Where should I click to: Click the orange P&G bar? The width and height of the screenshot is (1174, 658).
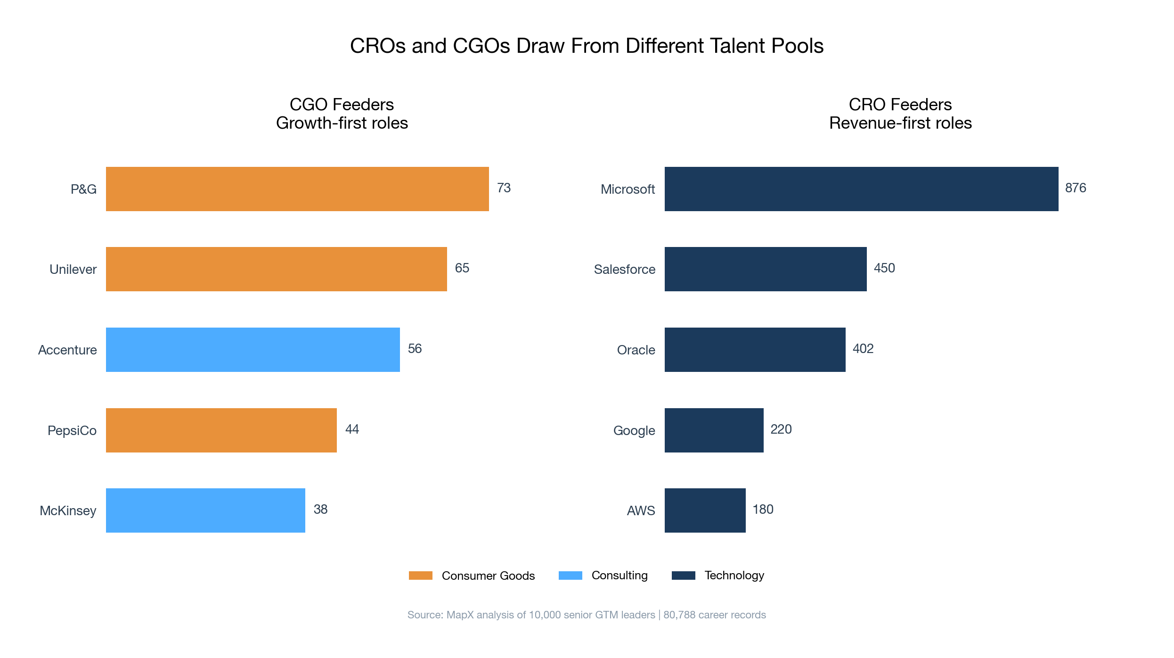click(297, 189)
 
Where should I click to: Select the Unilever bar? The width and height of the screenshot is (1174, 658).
click(277, 269)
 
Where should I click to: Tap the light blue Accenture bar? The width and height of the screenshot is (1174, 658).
click(253, 350)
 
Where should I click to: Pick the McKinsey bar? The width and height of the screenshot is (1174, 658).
click(205, 510)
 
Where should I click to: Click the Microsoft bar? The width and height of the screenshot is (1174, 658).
click(861, 189)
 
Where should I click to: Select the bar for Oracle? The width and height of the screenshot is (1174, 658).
click(755, 350)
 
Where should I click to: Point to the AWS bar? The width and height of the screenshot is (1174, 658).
click(705, 510)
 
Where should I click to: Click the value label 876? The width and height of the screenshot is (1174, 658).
click(1076, 188)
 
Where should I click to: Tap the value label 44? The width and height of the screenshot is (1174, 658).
click(352, 429)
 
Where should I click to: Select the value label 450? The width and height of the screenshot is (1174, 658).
click(884, 268)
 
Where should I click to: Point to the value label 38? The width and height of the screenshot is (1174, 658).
click(320, 510)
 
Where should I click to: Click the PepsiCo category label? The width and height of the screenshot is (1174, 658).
click(72, 431)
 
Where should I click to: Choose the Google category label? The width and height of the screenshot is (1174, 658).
click(634, 431)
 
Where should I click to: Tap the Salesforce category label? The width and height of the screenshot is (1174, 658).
click(624, 270)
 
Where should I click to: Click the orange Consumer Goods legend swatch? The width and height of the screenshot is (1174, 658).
click(420, 576)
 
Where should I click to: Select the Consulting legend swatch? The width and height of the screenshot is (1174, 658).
click(570, 576)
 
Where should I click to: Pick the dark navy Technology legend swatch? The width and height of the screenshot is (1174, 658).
click(683, 576)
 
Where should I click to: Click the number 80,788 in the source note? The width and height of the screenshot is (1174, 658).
click(679, 615)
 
